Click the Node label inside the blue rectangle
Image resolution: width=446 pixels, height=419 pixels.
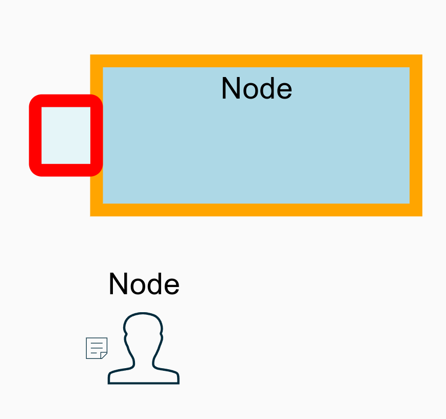pyautogui.click(x=256, y=88)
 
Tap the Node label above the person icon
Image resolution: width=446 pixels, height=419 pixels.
pyautogui.click(x=144, y=284)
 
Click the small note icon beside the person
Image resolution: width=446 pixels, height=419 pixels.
pyautogui.click(x=96, y=348)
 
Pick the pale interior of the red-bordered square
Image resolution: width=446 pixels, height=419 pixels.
pyautogui.click(x=66, y=135)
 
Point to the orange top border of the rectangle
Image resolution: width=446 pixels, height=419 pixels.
pyautogui.click(x=256, y=61)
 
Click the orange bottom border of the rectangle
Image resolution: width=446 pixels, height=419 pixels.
pyautogui.click(x=256, y=209)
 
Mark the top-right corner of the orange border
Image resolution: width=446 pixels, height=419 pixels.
pyautogui.click(x=416, y=61)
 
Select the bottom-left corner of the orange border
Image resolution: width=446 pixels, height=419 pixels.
pyautogui.click(x=96, y=209)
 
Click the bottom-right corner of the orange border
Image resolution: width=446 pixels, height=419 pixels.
pyautogui.click(x=416, y=209)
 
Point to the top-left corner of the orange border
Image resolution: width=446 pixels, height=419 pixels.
pyautogui.click(x=96, y=61)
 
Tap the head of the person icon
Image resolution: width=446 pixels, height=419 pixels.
pyautogui.click(x=143, y=329)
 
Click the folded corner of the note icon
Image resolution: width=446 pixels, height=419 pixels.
pyautogui.click(x=104, y=355)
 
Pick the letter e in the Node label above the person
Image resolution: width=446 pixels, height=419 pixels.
pyautogui.click(x=172, y=285)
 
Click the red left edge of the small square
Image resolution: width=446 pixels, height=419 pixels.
pyautogui.click(x=35, y=135)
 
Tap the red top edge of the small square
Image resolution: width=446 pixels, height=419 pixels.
pyautogui.click(x=66, y=101)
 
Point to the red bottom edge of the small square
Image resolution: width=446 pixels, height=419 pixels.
pyautogui.click(x=66, y=169)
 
